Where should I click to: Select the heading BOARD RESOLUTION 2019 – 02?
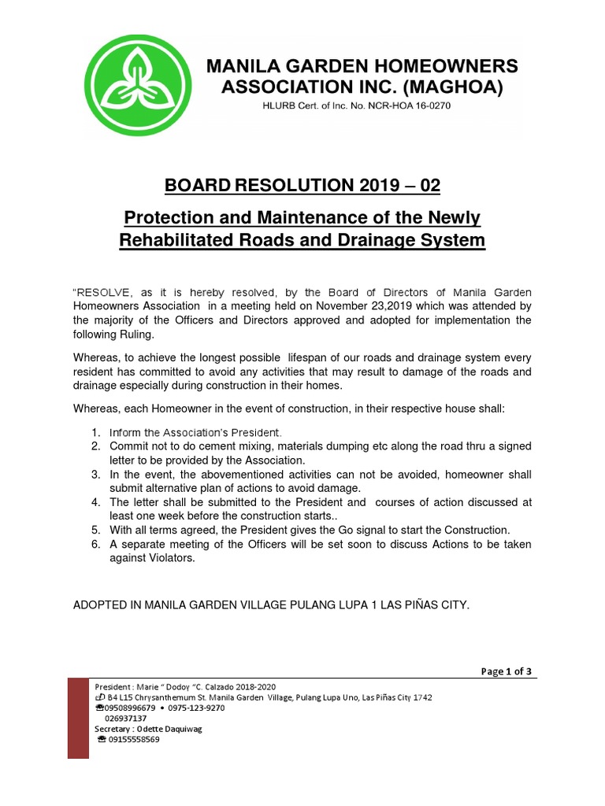(x=302, y=187)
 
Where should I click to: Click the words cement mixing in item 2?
(x=210, y=446)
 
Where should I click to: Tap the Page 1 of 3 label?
(x=507, y=671)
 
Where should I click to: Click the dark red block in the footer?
(x=78, y=718)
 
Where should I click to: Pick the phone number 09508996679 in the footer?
(x=126, y=708)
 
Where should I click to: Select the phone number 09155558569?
(x=133, y=740)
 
